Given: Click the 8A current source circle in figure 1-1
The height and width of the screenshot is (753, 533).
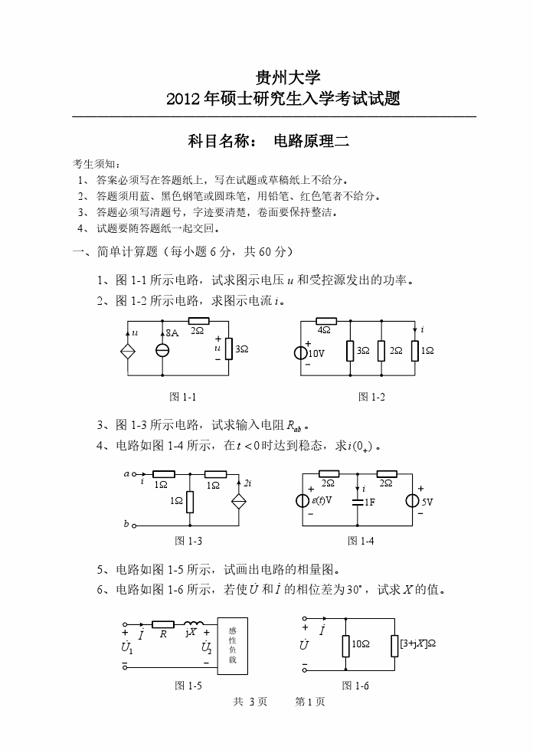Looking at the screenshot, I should [163, 350].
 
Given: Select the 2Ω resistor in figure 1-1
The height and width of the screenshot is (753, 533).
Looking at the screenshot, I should [198, 320].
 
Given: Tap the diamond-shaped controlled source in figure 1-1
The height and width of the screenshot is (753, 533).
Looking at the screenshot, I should [127, 350].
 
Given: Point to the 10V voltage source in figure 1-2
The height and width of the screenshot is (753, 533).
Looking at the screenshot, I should [301, 353].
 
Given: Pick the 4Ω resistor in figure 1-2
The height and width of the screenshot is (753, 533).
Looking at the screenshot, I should [325, 321].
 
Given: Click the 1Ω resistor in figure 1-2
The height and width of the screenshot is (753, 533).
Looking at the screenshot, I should [414, 350].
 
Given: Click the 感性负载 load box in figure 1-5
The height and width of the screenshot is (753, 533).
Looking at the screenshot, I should [232, 644].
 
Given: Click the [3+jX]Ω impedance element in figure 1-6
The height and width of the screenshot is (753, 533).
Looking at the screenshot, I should [395, 645].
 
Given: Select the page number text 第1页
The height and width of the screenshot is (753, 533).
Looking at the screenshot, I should [310, 702].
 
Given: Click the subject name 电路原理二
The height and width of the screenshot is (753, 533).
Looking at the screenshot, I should [311, 141].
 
